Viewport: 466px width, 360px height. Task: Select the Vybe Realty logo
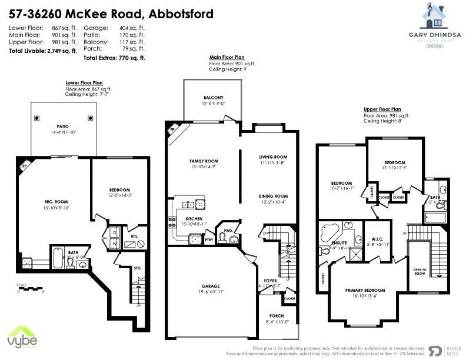(22, 339)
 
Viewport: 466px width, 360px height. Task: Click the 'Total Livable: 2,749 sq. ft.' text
(42, 51)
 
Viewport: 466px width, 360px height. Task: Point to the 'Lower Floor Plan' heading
(84, 83)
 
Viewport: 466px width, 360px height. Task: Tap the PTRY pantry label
(209, 241)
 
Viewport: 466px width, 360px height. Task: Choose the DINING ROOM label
(273, 196)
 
